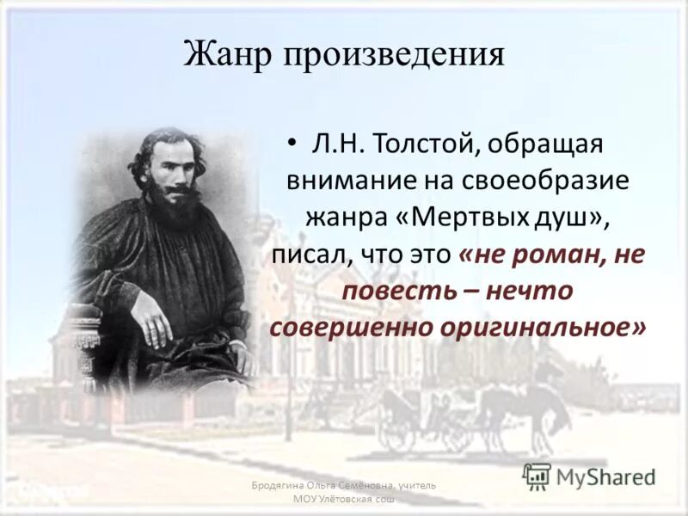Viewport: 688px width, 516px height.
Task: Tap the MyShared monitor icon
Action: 537,475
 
